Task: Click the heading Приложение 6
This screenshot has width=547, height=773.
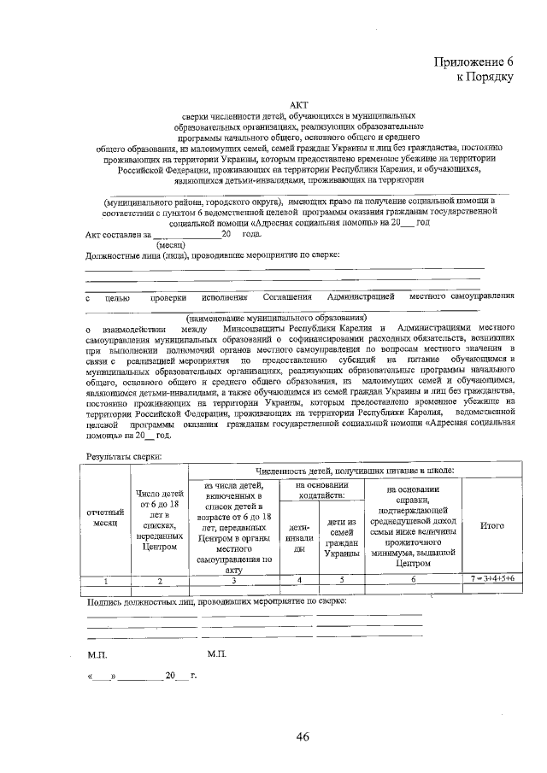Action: point(473,61)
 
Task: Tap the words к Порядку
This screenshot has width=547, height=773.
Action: point(484,77)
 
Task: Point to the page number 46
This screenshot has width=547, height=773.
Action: point(302,736)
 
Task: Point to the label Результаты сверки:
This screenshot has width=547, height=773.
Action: point(122,458)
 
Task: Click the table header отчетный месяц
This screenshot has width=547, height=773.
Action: point(104,518)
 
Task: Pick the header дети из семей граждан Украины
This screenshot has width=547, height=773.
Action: point(341,537)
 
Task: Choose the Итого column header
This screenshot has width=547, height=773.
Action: point(492,525)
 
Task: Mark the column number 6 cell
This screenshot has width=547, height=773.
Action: point(413,580)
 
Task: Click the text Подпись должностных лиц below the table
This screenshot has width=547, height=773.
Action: point(142,602)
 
